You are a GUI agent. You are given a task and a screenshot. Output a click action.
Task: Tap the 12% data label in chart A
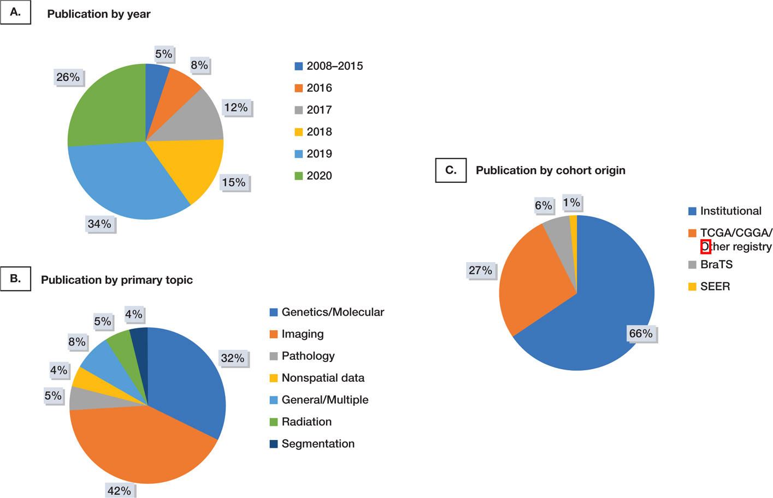[236, 108]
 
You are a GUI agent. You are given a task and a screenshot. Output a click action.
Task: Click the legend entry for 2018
[318, 132]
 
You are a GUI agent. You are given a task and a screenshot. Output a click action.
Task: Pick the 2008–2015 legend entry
[334, 66]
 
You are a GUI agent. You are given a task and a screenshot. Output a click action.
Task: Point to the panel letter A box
[15, 12]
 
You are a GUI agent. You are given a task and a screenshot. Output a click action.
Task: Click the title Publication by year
[98, 14]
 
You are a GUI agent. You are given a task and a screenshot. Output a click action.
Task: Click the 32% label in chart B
[232, 358]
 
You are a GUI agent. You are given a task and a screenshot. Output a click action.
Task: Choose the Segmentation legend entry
[317, 444]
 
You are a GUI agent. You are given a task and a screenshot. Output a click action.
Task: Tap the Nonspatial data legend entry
[322, 378]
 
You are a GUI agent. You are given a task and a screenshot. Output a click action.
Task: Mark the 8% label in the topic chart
[76, 342]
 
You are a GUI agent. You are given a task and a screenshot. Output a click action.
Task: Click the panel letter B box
[15, 278]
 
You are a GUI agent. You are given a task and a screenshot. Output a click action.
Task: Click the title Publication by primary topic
[116, 280]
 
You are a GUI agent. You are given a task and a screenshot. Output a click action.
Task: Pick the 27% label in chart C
[480, 270]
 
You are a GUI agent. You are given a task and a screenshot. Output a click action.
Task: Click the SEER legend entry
[715, 287]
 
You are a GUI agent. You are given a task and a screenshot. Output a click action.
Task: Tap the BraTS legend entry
[716, 265]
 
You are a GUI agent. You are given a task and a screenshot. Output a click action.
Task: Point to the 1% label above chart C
[571, 203]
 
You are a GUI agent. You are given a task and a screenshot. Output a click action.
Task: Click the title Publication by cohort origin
[550, 170]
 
